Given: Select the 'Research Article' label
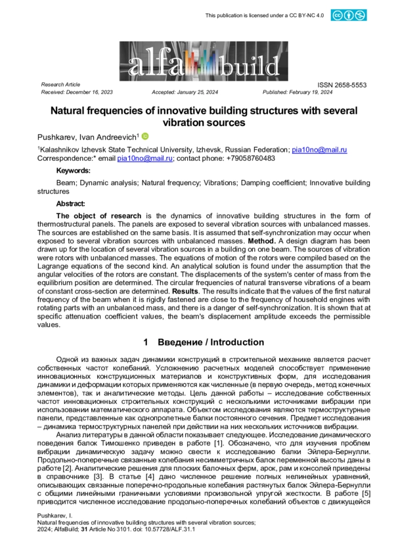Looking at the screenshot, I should pyautogui.click(x=60, y=85).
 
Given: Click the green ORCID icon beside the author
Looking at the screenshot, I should pyautogui.click(x=145, y=137).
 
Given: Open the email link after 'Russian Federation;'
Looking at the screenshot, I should pyautogui.click(x=319, y=150).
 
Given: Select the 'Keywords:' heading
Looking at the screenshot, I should pyautogui.click(x=74, y=171).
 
